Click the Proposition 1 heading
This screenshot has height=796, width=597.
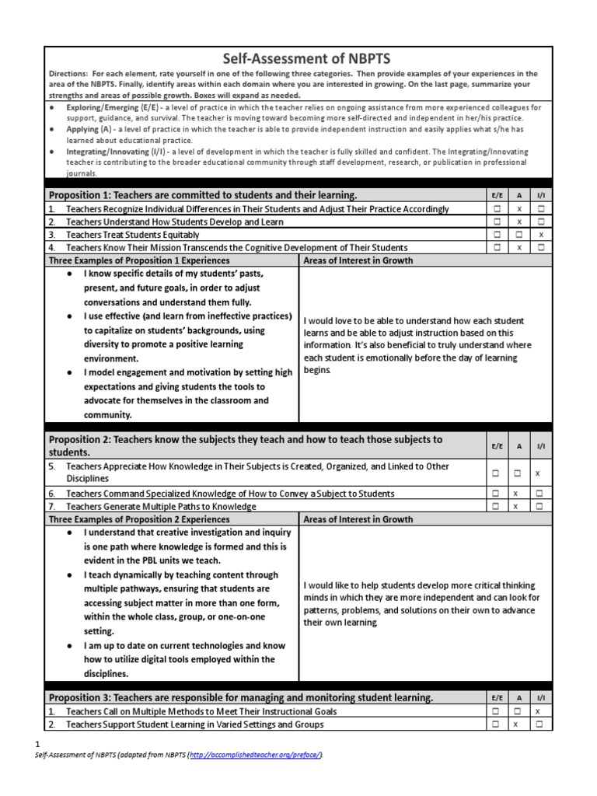click(203, 195)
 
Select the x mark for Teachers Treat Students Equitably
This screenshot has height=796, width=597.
click(541, 234)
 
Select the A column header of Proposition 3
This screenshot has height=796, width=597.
click(518, 698)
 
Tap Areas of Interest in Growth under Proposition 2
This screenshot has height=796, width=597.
click(358, 519)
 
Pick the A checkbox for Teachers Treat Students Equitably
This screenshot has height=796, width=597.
click(518, 234)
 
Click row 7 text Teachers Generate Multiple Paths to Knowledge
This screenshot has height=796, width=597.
click(160, 507)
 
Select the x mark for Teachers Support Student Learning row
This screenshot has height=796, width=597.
click(518, 724)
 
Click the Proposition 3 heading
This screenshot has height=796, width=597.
click(240, 698)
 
